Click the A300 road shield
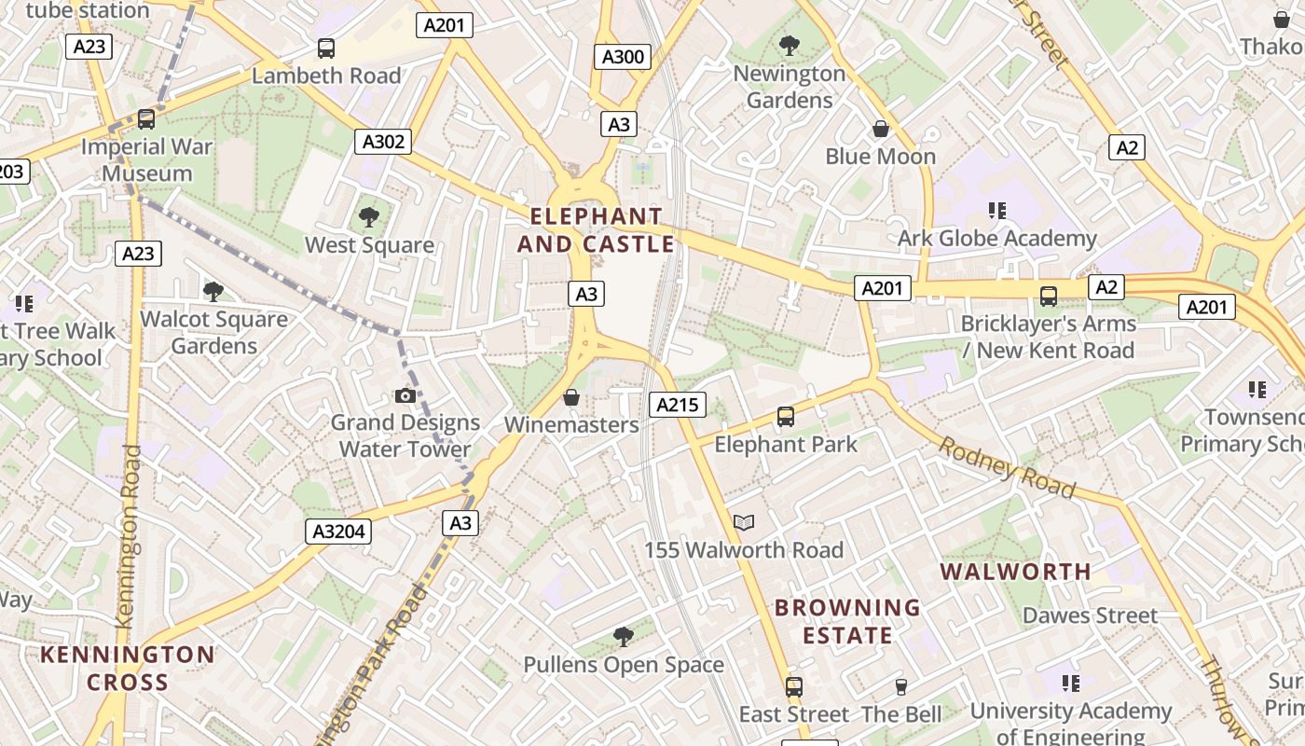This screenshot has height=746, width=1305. click(623, 57)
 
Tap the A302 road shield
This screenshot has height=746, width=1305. click(383, 142)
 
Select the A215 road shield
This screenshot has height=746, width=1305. click(678, 405)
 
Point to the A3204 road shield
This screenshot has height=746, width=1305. click(339, 532)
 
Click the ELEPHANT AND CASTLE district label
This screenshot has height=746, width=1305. click(596, 230)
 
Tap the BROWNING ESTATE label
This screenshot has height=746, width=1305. click(847, 622)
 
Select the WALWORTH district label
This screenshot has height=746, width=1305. click(1015, 572)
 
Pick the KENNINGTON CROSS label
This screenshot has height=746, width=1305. click(128, 668)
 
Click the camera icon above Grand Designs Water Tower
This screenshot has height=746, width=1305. click(405, 395)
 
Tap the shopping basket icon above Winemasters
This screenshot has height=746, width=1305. click(571, 397)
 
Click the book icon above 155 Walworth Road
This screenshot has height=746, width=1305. click(743, 523)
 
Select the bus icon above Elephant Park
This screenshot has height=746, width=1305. click(786, 417)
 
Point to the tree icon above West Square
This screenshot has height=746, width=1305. click(369, 217)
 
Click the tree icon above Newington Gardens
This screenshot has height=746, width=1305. click(790, 45)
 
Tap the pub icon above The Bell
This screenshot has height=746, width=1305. click(900, 687)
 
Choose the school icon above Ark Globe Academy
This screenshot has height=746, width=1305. click(997, 211)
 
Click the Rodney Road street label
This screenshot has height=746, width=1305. click(1007, 467)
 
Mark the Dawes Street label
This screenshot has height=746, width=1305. click(1090, 615)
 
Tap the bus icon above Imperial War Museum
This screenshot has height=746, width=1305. click(146, 119)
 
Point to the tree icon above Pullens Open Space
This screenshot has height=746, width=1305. click(624, 637)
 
